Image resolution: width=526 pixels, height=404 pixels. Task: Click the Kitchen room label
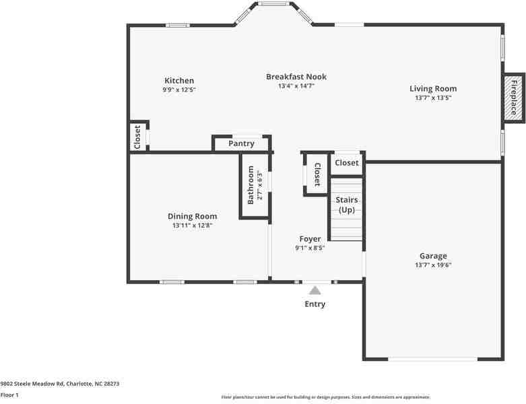(x=178, y=81)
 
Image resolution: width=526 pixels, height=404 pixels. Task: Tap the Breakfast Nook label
(x=296, y=77)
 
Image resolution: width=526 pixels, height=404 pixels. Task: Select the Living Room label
(x=433, y=88)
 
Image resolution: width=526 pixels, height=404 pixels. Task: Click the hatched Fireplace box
(x=513, y=98)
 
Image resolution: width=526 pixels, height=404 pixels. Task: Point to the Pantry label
(x=241, y=143)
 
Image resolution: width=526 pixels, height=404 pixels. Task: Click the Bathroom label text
(x=251, y=185)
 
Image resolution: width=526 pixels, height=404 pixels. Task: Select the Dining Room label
(x=192, y=216)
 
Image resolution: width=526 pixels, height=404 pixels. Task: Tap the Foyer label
(x=310, y=239)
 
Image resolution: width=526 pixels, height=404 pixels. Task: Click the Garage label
(x=433, y=256)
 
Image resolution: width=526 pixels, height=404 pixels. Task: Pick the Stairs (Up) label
(x=346, y=205)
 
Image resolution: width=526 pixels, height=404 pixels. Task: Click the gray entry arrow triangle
(x=315, y=290)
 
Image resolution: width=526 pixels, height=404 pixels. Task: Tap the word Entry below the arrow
(x=315, y=304)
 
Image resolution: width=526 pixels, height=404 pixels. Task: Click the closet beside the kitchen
(x=137, y=137)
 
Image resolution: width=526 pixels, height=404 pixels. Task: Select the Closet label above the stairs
(x=347, y=163)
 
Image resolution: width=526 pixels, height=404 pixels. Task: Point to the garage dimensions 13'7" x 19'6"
(x=433, y=265)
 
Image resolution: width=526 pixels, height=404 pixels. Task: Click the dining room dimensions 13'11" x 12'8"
(x=192, y=226)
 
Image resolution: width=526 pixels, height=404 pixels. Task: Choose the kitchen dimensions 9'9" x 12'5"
(x=178, y=90)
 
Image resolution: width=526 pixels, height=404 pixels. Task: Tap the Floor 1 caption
(x=9, y=395)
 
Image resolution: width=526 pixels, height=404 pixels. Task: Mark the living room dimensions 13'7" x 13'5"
(x=433, y=98)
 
